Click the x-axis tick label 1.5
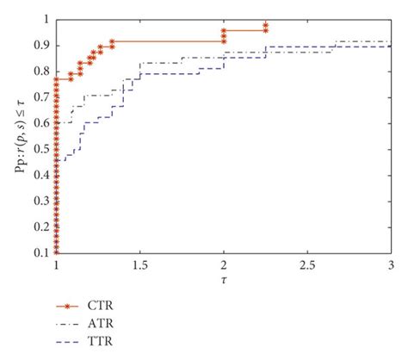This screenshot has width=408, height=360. (x=139, y=264)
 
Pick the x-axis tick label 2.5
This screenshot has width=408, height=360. (x=306, y=264)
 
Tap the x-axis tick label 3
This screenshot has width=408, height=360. (x=391, y=264)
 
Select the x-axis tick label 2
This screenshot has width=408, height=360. (x=224, y=264)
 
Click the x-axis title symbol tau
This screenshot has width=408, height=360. (x=224, y=277)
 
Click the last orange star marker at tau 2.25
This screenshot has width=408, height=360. (x=266, y=25)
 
